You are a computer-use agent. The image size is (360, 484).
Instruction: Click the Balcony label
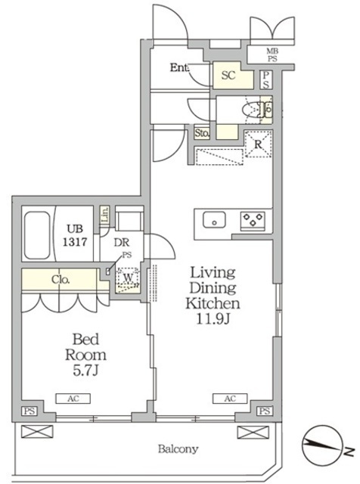click(x=178, y=448)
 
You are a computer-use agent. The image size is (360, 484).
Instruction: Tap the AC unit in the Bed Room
click(x=73, y=399)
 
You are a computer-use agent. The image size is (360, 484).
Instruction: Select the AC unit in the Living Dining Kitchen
click(x=230, y=399)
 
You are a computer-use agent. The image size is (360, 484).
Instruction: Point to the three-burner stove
click(x=253, y=221)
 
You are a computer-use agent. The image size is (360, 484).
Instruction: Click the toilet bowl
click(x=252, y=110)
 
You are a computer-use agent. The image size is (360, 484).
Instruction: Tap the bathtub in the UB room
click(x=37, y=235)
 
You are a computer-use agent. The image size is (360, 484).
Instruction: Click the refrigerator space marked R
click(x=258, y=144)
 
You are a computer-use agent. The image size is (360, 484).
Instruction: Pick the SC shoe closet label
click(x=228, y=76)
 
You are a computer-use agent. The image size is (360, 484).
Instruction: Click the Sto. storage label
click(x=202, y=133)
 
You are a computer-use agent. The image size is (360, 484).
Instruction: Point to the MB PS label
click(x=272, y=55)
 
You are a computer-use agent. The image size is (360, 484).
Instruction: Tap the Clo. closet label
click(x=61, y=280)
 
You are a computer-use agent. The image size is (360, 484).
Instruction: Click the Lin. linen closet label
click(x=105, y=214)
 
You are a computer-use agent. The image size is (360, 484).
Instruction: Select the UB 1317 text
click(x=75, y=235)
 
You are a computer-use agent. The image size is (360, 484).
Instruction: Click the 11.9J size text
click(x=213, y=319)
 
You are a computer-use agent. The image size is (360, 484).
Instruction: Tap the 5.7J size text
click(x=85, y=371)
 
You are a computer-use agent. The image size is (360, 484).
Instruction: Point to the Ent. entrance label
click(x=179, y=67)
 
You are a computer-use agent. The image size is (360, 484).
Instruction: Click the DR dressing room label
click(x=122, y=243)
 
